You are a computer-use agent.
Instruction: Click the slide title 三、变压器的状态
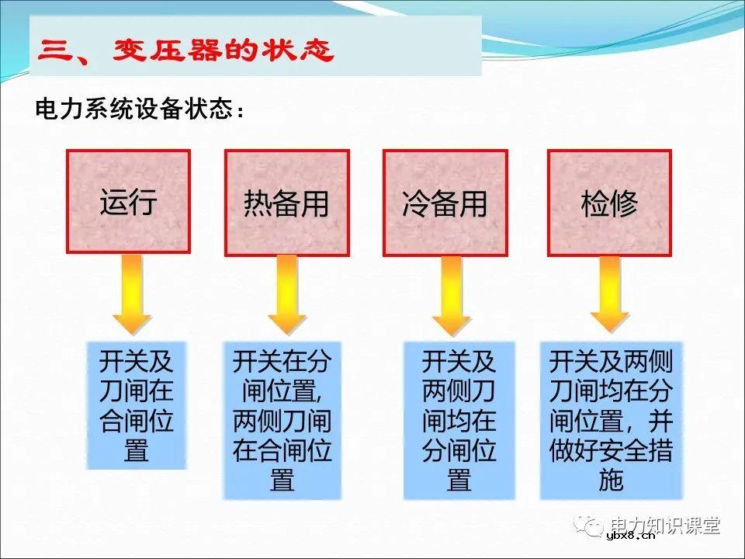point(186,52)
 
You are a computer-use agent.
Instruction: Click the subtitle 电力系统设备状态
point(140,109)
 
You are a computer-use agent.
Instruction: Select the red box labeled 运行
point(128,202)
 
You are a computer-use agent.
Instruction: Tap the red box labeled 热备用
point(286,203)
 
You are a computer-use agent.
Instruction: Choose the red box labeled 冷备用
point(445,203)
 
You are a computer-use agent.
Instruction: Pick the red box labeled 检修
point(609,203)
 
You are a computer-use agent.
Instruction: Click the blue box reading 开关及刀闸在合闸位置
point(137,405)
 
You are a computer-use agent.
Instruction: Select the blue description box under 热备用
point(282,420)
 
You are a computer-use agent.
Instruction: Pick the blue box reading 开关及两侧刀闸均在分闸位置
point(459,420)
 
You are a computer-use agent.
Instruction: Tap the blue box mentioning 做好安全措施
point(612,420)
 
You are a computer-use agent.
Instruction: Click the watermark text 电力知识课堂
point(665,525)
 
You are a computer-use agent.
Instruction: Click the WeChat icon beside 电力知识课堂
point(590,526)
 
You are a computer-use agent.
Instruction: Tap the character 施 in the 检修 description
point(612,481)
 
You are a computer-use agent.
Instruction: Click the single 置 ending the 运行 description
point(137,450)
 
